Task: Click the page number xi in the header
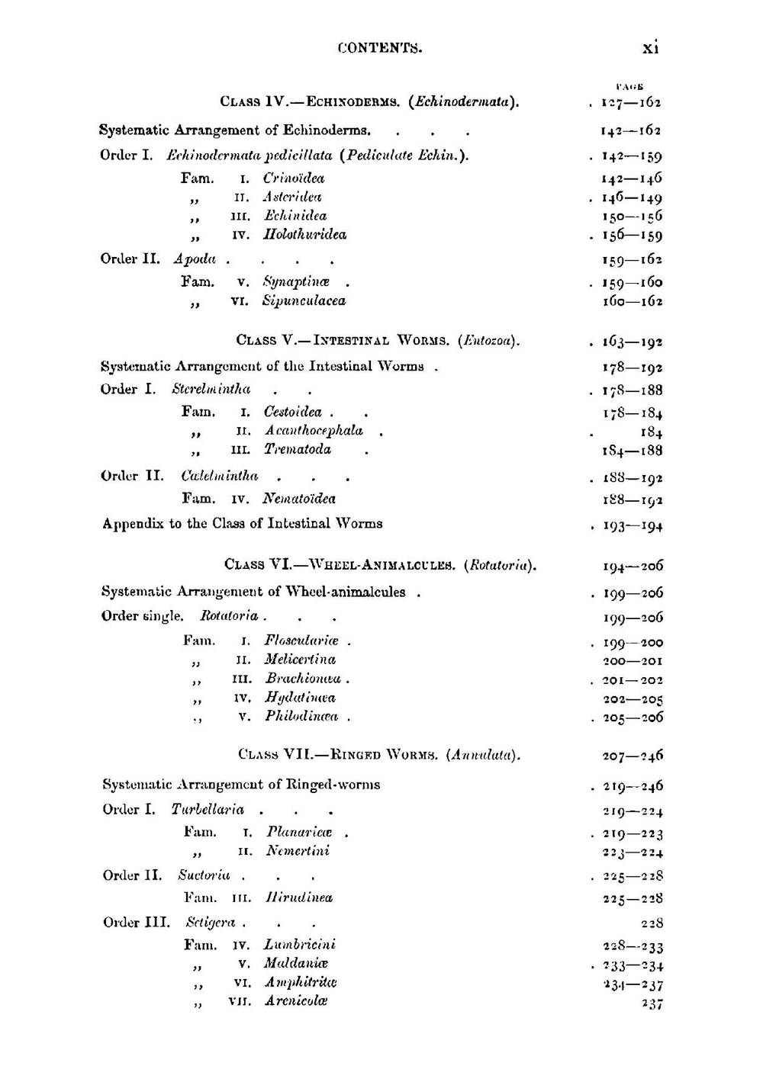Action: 650,47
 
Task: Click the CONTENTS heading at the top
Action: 380,48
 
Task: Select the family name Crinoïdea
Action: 294,178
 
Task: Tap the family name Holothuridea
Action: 304,235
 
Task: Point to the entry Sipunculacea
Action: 304,301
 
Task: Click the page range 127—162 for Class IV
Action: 631,102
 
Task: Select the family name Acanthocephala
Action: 314,431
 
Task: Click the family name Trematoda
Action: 298,450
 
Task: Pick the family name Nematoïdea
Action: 299,499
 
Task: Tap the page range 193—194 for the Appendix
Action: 633,525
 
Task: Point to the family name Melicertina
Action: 300,660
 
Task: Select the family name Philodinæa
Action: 301,717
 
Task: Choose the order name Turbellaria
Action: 208,810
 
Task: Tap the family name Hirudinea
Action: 299,898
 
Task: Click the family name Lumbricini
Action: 300,946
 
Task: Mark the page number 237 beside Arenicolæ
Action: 652,1004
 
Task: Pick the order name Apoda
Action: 195,259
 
